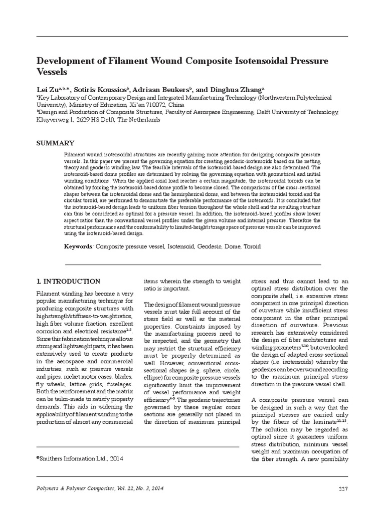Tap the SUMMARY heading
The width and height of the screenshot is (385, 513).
pos(55,143)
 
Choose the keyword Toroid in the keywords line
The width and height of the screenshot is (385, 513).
pos(252,246)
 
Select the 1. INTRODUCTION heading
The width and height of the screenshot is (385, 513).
pos(69,282)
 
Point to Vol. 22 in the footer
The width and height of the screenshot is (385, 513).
pos(128,488)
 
